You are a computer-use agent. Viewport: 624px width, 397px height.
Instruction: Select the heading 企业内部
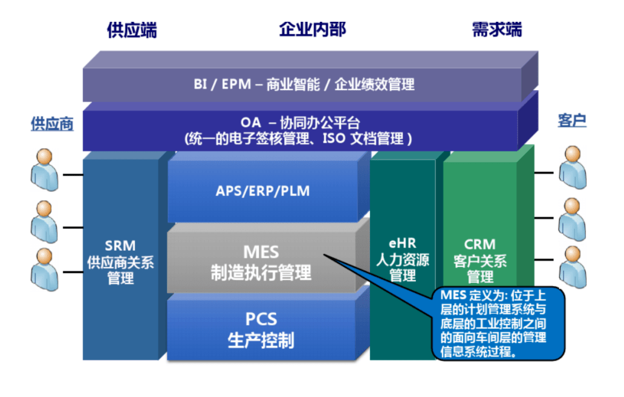click(313, 30)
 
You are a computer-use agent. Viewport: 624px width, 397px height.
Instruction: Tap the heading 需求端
click(496, 30)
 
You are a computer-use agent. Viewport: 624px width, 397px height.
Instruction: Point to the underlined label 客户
click(571, 120)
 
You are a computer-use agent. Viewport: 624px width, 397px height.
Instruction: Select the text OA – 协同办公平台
click(300, 123)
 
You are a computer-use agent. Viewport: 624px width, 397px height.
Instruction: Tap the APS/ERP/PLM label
click(262, 192)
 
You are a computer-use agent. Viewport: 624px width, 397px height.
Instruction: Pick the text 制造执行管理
click(261, 272)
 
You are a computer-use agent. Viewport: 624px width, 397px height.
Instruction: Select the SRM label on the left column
click(120, 246)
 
